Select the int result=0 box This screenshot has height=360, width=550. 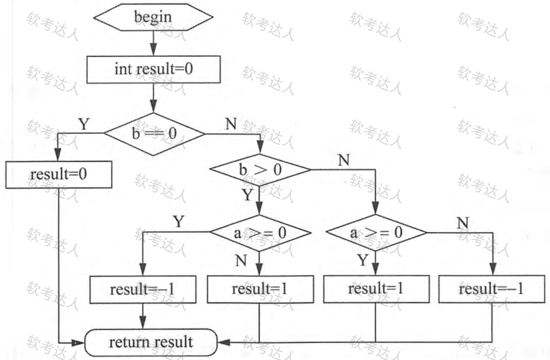153,69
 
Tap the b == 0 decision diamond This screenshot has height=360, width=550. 154,133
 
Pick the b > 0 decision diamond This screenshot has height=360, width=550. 259,170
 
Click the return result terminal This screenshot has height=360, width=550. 151,341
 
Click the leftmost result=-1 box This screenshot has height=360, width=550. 143,290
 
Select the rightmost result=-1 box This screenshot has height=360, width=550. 492,290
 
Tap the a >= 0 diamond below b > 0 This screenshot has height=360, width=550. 260,234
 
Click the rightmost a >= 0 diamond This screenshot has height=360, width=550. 376,234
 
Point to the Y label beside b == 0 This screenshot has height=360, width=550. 83,124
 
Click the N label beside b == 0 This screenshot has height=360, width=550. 230,124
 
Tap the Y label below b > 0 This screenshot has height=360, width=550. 247,195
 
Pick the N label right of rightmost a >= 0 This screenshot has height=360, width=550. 463,222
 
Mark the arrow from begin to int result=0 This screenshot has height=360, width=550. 153,44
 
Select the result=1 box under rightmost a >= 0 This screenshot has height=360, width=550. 376,290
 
